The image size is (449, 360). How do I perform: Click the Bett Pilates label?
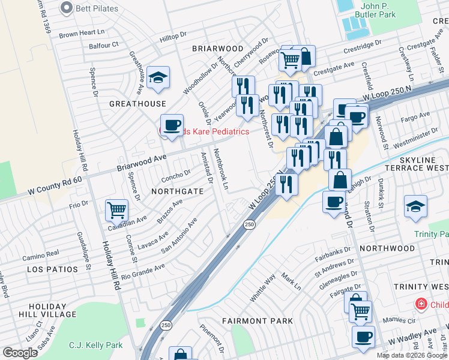coord(96,8)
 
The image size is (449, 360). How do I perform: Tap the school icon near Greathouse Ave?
coord(158,78)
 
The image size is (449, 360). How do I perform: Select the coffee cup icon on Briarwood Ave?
coord(172,125)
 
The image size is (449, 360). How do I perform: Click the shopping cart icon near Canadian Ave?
coord(116,211)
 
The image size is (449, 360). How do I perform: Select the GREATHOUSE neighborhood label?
coord(137,104)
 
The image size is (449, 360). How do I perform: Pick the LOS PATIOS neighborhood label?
coord(53,270)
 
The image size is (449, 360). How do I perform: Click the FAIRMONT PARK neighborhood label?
coord(258,321)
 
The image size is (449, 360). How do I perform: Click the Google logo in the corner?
coord(20,353)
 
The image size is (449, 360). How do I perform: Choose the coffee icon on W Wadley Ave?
coord(363,337)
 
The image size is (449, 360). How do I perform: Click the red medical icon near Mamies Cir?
coord(423,305)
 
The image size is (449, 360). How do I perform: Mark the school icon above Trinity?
coord(415,207)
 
